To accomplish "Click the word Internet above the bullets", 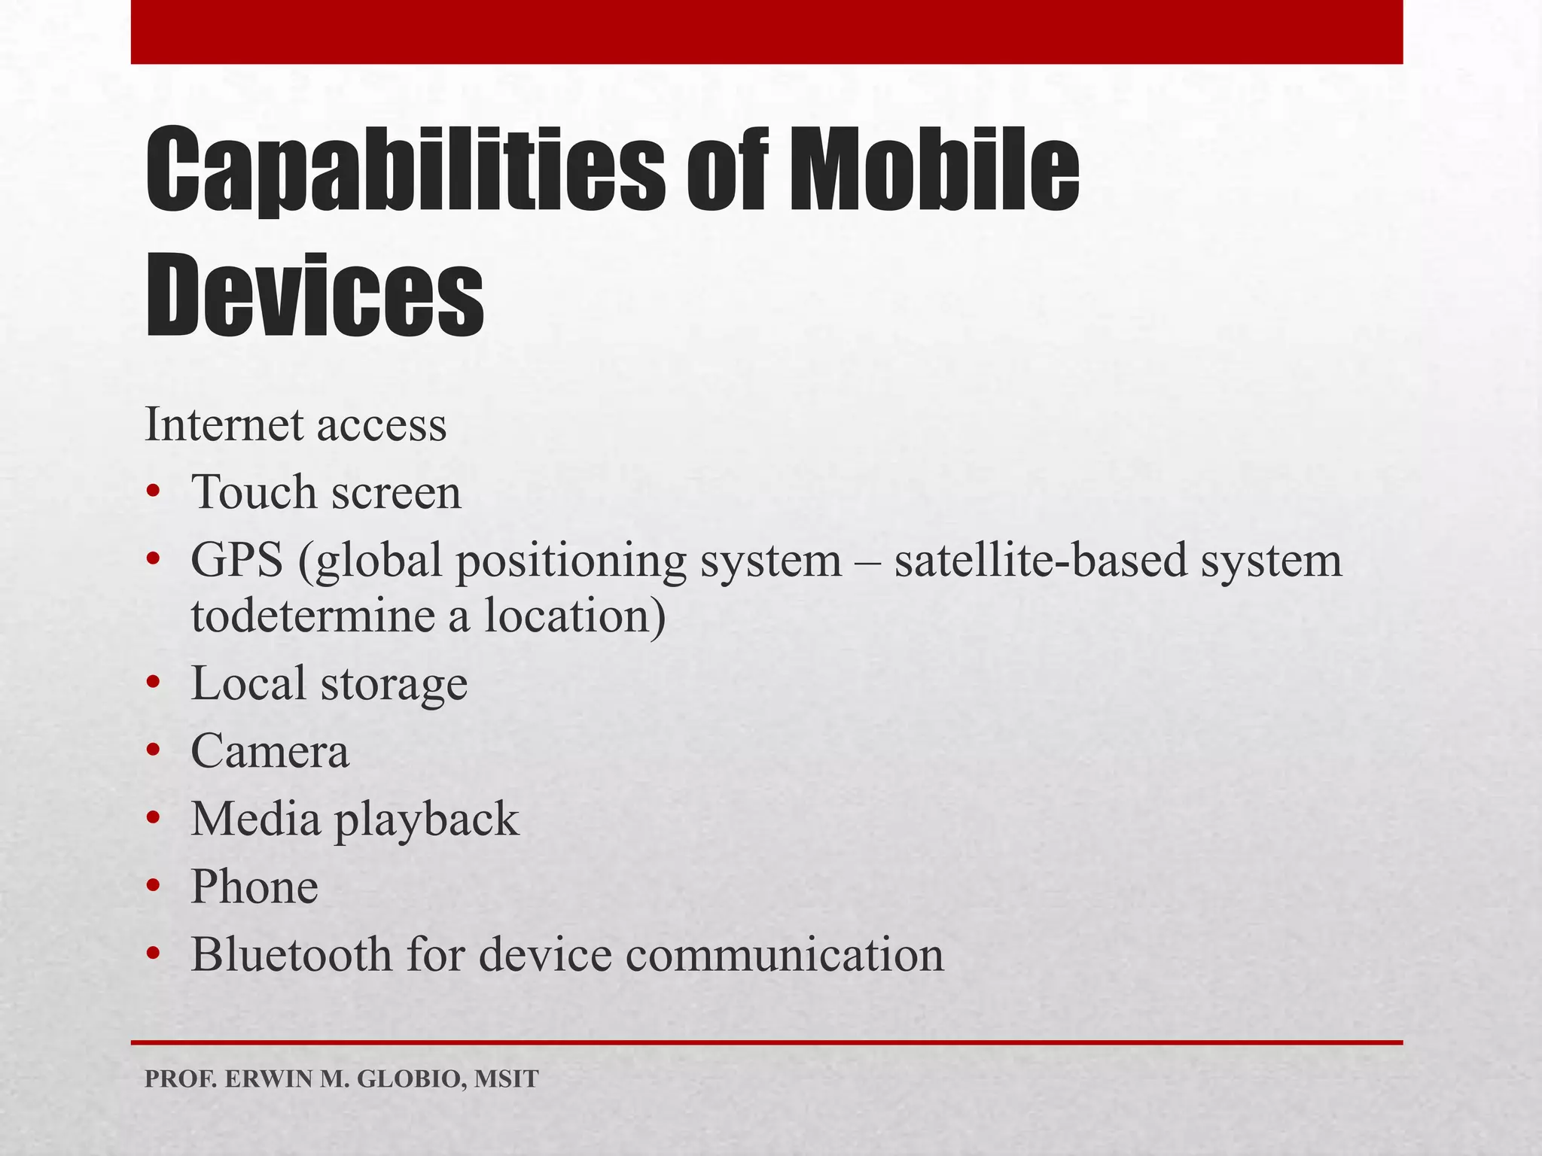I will pos(225,424).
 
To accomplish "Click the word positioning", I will pos(571,561).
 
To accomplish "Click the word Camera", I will pos(270,751).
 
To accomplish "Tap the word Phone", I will pos(254,887).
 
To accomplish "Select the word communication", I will pos(784,954).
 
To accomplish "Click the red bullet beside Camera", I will pos(154,751).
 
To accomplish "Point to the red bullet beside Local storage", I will pos(154,683).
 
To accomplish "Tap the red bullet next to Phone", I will pos(154,887).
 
